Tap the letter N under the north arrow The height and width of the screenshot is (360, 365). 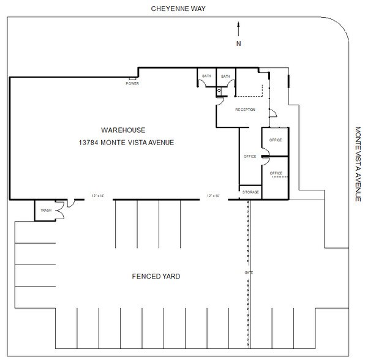tap(239, 43)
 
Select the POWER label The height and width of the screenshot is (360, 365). tap(132, 83)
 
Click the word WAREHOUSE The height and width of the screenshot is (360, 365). tap(123, 130)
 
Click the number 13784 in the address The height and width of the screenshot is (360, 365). tap(89, 143)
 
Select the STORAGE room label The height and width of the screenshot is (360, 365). tap(250, 192)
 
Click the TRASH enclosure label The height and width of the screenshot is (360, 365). tap(45, 211)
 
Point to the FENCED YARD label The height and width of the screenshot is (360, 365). tap(157, 276)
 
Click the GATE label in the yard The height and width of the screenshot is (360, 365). tap(249, 272)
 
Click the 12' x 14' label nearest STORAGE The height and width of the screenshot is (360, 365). tap(214, 195)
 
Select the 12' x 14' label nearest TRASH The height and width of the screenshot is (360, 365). tap(98, 195)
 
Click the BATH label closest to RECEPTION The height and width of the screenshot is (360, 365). tap(225, 77)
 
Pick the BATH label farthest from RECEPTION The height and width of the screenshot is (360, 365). tap(206, 77)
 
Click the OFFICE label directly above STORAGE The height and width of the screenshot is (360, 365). tap(249, 157)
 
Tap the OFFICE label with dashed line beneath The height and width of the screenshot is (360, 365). tap(276, 173)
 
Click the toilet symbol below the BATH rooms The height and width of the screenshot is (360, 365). tap(219, 91)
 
